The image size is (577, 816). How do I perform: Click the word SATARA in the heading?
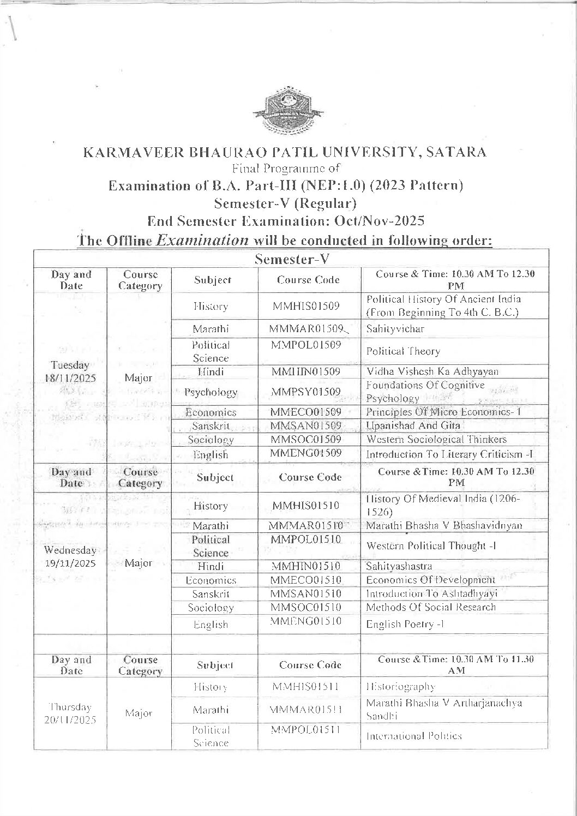point(456,152)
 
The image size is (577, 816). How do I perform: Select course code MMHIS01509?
point(306,306)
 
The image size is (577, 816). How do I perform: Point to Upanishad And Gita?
point(413,425)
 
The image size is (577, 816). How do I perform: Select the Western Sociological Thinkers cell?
point(436,439)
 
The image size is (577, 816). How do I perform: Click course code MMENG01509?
point(306,453)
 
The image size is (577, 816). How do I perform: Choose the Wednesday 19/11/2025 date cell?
point(71,556)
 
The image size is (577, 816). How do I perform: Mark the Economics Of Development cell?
point(431,580)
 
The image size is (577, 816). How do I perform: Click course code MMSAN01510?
point(306,593)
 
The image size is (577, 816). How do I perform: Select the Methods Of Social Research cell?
point(431,607)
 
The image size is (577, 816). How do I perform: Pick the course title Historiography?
point(401,687)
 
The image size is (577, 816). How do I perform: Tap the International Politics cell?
point(414,736)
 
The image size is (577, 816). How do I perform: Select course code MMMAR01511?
point(306,710)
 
